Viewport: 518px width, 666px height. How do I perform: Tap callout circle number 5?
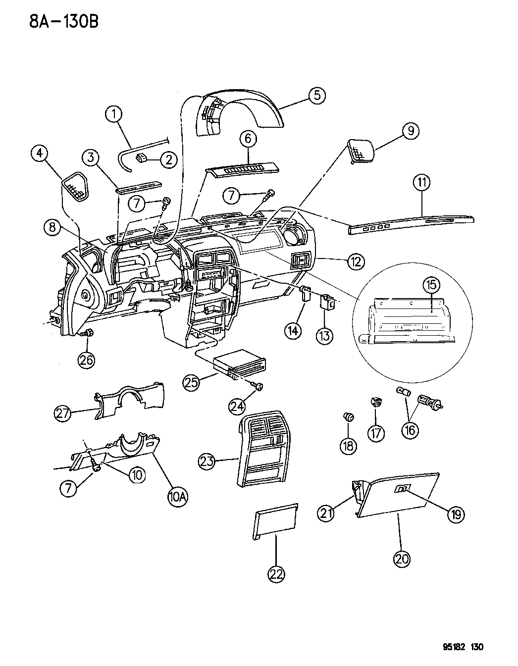pos(316,95)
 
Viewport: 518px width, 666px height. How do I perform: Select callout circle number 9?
pos(410,131)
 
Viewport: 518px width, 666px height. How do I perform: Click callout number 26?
pos(87,360)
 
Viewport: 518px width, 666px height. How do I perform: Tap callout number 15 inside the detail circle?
pos(431,285)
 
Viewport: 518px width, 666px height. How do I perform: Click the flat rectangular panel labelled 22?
pos(276,521)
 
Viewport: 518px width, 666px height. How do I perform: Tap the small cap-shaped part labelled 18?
pos(349,417)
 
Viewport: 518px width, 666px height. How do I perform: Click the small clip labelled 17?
pos(376,402)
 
